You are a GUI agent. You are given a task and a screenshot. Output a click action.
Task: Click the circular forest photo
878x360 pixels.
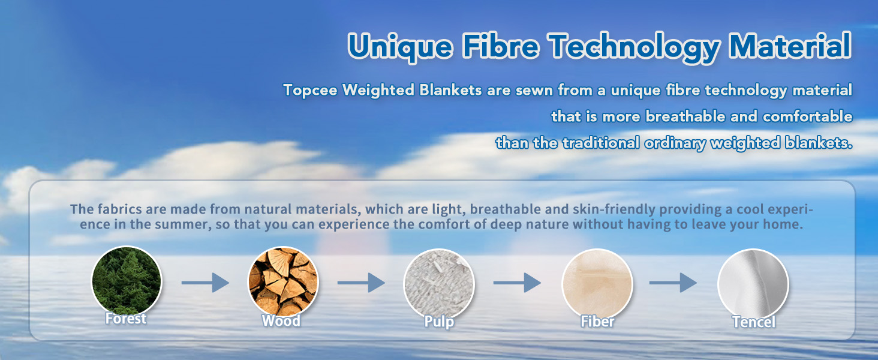click(127, 281)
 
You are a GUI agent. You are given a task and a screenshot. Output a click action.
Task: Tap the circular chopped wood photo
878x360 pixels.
click(283, 281)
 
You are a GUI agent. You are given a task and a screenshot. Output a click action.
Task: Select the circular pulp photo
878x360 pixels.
click(439, 284)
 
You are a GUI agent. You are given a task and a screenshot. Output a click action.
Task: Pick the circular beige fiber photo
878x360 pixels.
click(597, 284)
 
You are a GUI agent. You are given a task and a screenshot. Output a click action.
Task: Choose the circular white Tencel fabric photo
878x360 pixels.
click(753, 284)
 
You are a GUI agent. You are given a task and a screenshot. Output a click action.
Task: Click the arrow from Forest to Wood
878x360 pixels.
click(205, 283)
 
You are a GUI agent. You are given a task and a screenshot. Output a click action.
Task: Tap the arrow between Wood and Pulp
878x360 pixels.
click(361, 283)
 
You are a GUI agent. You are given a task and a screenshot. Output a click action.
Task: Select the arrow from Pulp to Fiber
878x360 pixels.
click(517, 283)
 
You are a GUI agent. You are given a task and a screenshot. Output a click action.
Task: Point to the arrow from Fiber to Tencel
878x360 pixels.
click(673, 283)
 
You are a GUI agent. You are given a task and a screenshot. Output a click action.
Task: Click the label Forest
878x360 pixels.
click(126, 319)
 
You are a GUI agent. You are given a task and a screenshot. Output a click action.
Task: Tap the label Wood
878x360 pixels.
click(281, 321)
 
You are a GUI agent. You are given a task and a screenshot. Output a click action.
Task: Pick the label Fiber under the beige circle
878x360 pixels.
click(597, 322)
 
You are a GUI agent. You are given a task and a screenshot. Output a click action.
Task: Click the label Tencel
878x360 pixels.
click(754, 322)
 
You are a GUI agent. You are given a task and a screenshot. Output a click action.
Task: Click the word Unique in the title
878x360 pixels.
click(400, 47)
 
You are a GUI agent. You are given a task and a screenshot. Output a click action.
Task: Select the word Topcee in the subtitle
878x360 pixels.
click(310, 91)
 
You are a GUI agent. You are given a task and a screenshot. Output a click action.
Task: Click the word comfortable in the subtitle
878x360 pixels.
click(807, 116)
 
